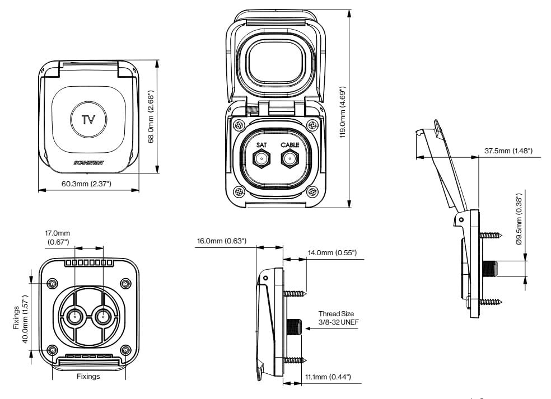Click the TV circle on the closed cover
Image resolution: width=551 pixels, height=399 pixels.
(x=88, y=119)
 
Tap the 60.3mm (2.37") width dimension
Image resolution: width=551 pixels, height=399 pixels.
(x=88, y=184)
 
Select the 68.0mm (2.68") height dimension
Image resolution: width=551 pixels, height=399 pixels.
(x=151, y=117)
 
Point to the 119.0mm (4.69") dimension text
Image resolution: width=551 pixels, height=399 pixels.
(x=343, y=111)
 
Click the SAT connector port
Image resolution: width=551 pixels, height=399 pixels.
(x=261, y=159)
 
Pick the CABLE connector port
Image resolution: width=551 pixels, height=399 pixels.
(x=289, y=159)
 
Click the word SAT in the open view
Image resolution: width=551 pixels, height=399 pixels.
(x=261, y=145)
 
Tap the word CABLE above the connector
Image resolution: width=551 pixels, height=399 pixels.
(x=290, y=145)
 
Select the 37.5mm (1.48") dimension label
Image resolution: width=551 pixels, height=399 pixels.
(x=508, y=151)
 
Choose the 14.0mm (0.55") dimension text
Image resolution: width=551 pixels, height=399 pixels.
(x=330, y=253)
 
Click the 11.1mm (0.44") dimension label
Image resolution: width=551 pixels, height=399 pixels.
(x=328, y=377)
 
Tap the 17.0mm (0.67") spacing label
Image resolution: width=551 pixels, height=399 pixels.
(x=58, y=237)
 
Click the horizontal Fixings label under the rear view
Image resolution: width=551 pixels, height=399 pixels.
(x=88, y=377)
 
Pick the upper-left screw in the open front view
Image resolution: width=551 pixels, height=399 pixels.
(x=239, y=125)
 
